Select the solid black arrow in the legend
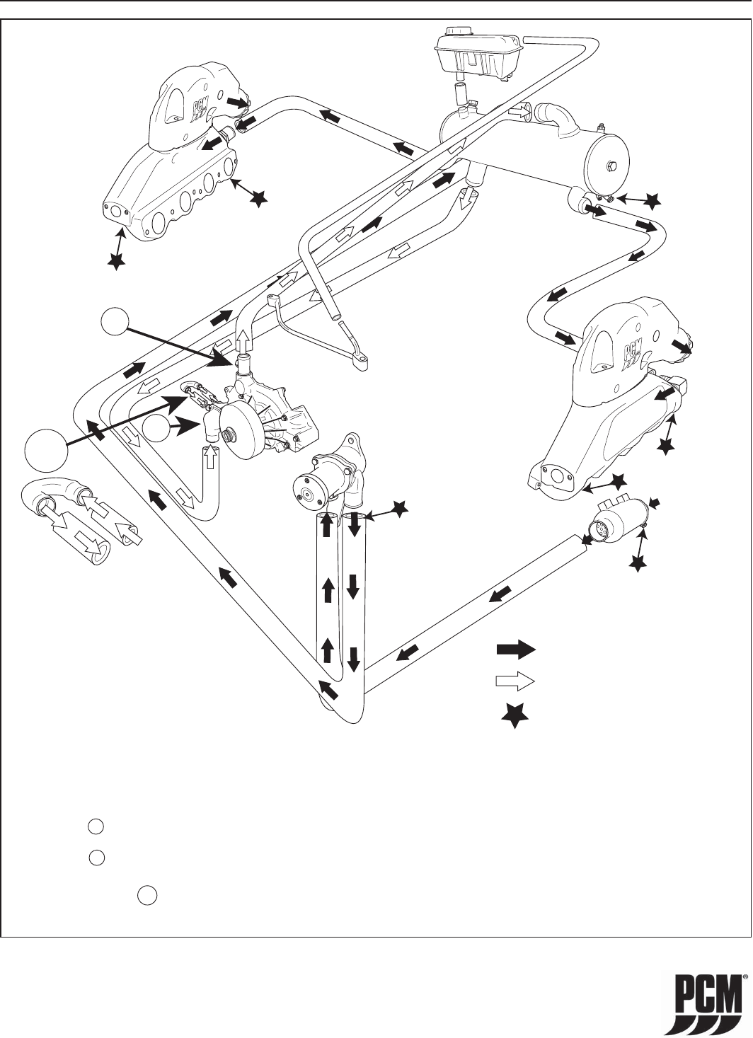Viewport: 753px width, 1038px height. (x=516, y=650)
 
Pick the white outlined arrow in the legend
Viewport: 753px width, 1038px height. (x=516, y=681)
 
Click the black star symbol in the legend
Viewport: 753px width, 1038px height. (x=515, y=716)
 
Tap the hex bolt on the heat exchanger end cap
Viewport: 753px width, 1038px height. (x=611, y=166)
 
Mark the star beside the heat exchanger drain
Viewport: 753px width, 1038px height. (x=653, y=201)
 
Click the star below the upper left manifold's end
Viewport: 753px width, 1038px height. (x=116, y=263)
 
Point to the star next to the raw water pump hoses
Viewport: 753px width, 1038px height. (x=400, y=509)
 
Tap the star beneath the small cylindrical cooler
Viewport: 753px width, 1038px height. (x=638, y=563)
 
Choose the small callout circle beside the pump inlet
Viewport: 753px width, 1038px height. (x=156, y=429)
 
